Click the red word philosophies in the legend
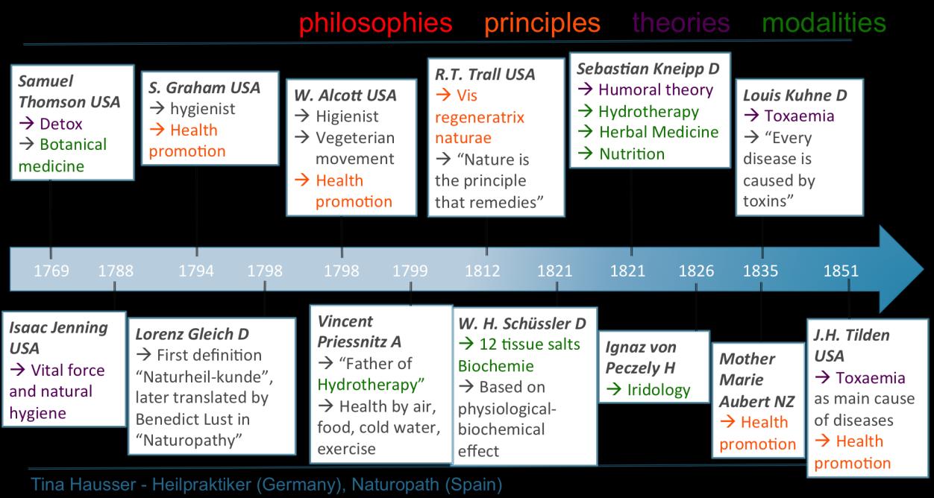coord(375,22)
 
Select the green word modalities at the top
coord(824,22)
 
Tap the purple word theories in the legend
coord(680,22)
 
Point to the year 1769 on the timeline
coord(51,270)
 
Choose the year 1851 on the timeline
coord(841,270)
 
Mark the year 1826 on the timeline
coord(697,270)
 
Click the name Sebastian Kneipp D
coord(648,69)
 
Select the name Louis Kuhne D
coord(794,95)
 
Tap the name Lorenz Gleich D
coord(192,334)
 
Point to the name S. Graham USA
coord(204,87)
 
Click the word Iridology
coord(659,389)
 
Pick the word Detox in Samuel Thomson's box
coord(62,123)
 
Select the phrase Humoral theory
coord(656,90)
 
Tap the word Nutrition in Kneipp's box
coord(631,154)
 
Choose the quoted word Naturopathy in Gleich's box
coord(189,441)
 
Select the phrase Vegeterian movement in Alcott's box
coord(354,148)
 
